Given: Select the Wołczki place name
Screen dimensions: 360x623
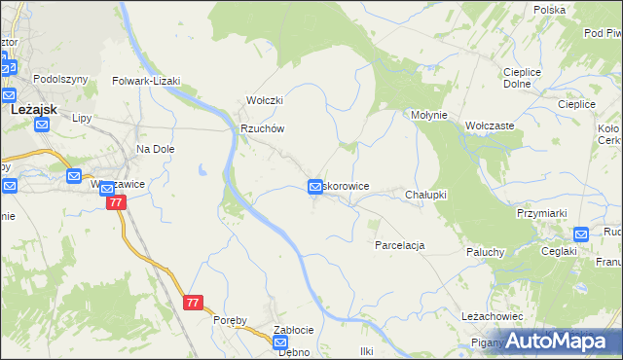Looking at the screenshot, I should pos(263,100).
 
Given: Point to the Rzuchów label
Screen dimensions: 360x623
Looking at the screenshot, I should pos(262,128).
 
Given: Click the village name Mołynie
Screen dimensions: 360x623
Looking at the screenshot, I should pos(428,114).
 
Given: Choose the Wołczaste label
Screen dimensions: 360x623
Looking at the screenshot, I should pos(490,126).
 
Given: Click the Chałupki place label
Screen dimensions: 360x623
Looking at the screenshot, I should pos(425,195).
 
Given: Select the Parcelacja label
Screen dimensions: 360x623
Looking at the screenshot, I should pos(399,245).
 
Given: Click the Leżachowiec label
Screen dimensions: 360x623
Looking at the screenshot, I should pos(493,316).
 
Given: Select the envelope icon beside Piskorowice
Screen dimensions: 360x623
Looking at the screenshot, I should pos(316,186).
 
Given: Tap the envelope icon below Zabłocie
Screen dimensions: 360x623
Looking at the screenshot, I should pos(280,343).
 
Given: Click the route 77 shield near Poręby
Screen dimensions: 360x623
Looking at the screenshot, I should pos(193,303).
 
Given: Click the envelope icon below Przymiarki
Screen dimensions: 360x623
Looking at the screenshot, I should pos(581,234).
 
